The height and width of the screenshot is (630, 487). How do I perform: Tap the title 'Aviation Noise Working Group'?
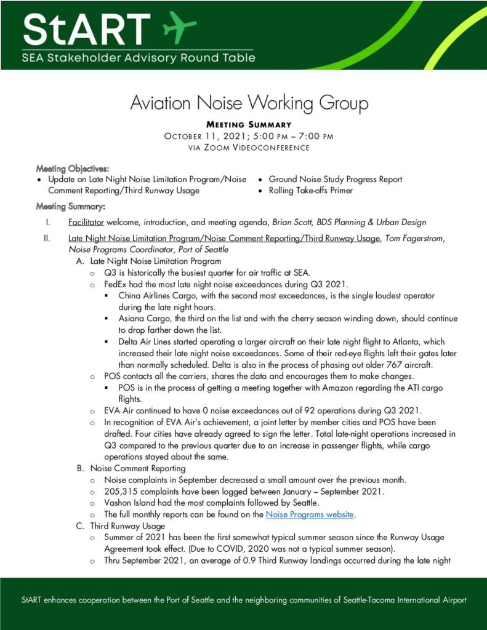click(x=249, y=102)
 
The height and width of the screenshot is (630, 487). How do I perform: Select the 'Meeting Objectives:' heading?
click(x=73, y=168)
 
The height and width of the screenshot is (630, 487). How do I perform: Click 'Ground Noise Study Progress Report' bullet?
click(x=335, y=180)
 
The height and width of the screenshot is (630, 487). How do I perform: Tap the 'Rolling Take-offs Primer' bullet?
click(x=310, y=191)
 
